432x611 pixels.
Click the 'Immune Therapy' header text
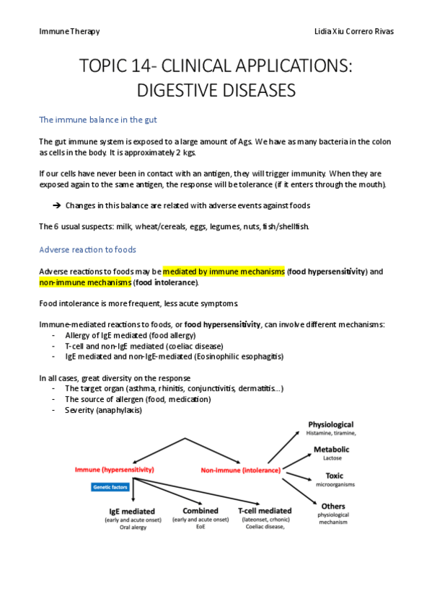coord(69,32)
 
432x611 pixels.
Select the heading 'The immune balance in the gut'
coord(98,120)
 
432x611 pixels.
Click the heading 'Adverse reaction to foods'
coord(87,250)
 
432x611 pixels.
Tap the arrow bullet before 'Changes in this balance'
coord(56,206)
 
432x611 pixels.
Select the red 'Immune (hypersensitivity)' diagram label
coord(115,470)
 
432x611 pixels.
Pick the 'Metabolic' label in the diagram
coord(332,450)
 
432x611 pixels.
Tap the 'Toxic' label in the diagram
coord(334,476)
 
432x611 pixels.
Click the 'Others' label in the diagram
coord(332,506)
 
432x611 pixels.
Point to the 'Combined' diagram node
coord(200,510)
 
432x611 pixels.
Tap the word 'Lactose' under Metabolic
coord(332,458)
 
